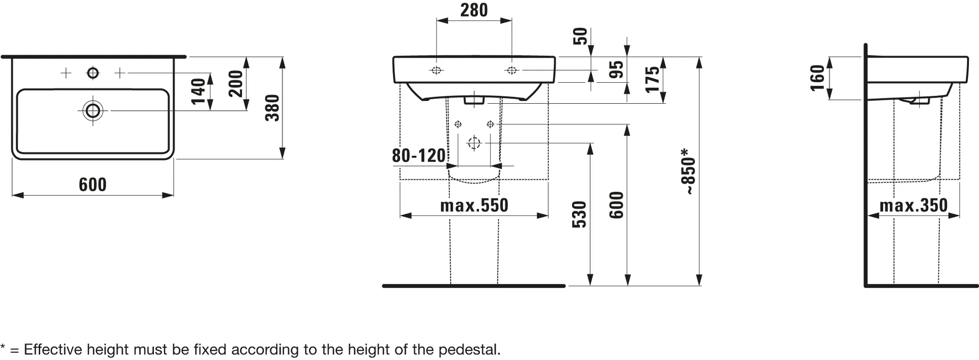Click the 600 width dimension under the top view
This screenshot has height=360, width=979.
93,185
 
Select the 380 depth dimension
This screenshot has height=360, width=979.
272,108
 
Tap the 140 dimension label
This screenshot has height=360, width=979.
198,91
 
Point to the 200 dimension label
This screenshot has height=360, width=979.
236,84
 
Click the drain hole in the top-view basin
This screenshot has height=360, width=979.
93,111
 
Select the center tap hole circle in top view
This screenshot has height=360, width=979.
93,73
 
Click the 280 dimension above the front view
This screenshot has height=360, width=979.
474,10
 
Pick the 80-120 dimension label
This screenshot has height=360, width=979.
419,155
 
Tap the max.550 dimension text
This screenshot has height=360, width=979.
474,206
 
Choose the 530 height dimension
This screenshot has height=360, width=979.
579,214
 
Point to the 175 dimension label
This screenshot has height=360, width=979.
653,79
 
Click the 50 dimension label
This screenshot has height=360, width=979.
580,36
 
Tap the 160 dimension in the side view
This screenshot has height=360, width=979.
818,77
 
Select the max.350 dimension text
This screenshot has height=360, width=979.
913,206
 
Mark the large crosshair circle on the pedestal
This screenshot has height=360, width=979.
474,143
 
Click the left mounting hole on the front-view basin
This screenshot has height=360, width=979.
436,70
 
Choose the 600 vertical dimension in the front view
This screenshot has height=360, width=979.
617,205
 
